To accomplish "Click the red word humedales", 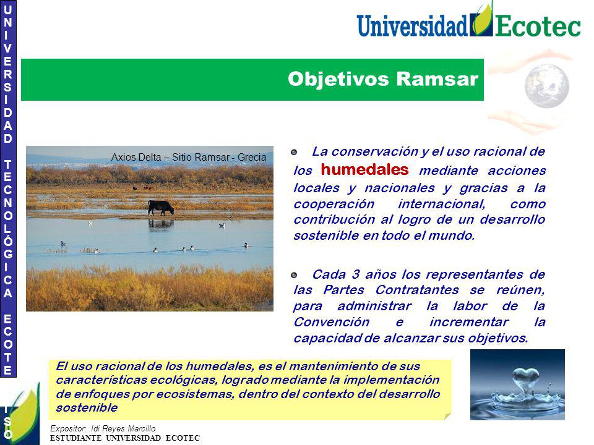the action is point(364,169).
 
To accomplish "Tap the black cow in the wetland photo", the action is point(161,208).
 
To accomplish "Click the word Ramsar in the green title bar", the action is point(437,79).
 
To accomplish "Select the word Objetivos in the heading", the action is point(338,80).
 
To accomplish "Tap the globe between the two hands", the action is point(546,86).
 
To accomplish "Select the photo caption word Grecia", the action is point(252,157).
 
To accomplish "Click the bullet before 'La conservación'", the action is point(294,152).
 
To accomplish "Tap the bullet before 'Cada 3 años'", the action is point(294,275).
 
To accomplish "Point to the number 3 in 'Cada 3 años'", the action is point(356,274).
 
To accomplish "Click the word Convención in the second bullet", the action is point(332,322).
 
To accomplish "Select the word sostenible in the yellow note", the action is point(87,408).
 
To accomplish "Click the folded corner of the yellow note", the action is point(448,416).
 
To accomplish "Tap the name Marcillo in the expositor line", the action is point(141,428).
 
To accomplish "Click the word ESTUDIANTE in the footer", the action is point(75,438).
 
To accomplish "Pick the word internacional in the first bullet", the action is point(442,204).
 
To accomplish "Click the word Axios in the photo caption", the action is point(121,157).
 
